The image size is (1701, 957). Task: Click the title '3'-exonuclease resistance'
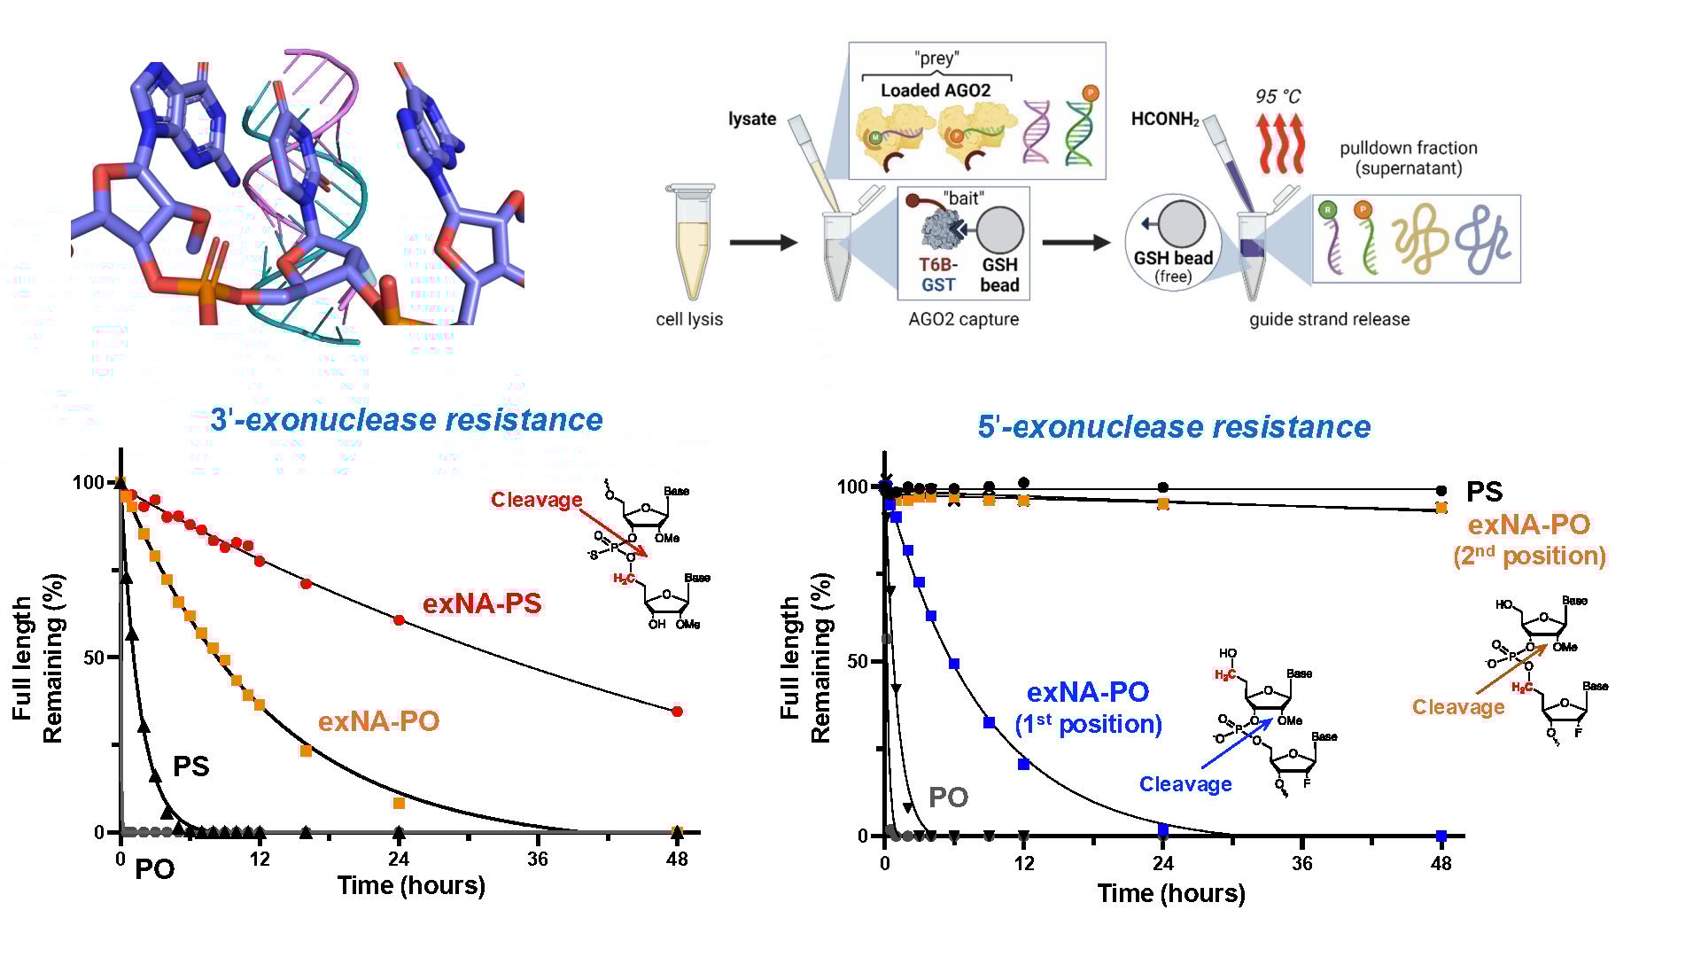point(407,420)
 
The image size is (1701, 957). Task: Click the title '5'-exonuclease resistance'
point(1174,427)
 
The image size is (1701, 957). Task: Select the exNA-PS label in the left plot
point(481,603)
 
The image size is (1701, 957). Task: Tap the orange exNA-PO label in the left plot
point(378,721)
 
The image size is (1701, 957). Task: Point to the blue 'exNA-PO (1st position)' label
point(1088,707)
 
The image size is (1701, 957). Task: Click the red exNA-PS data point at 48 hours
point(677,712)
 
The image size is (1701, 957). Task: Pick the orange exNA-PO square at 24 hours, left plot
point(399,803)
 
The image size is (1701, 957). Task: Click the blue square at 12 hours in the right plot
point(1024,764)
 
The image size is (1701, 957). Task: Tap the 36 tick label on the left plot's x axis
point(538,859)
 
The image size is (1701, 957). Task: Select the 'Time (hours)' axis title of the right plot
point(1171,893)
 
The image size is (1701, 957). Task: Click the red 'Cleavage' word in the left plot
point(536,500)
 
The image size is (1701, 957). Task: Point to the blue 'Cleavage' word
point(1185,784)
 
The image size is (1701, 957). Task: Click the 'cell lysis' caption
point(689,319)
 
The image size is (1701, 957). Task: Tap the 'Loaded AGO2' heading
point(936,90)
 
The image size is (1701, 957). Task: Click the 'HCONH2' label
point(1165,120)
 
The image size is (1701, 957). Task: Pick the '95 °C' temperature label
point(1278,97)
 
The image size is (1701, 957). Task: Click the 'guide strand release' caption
point(1329,319)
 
